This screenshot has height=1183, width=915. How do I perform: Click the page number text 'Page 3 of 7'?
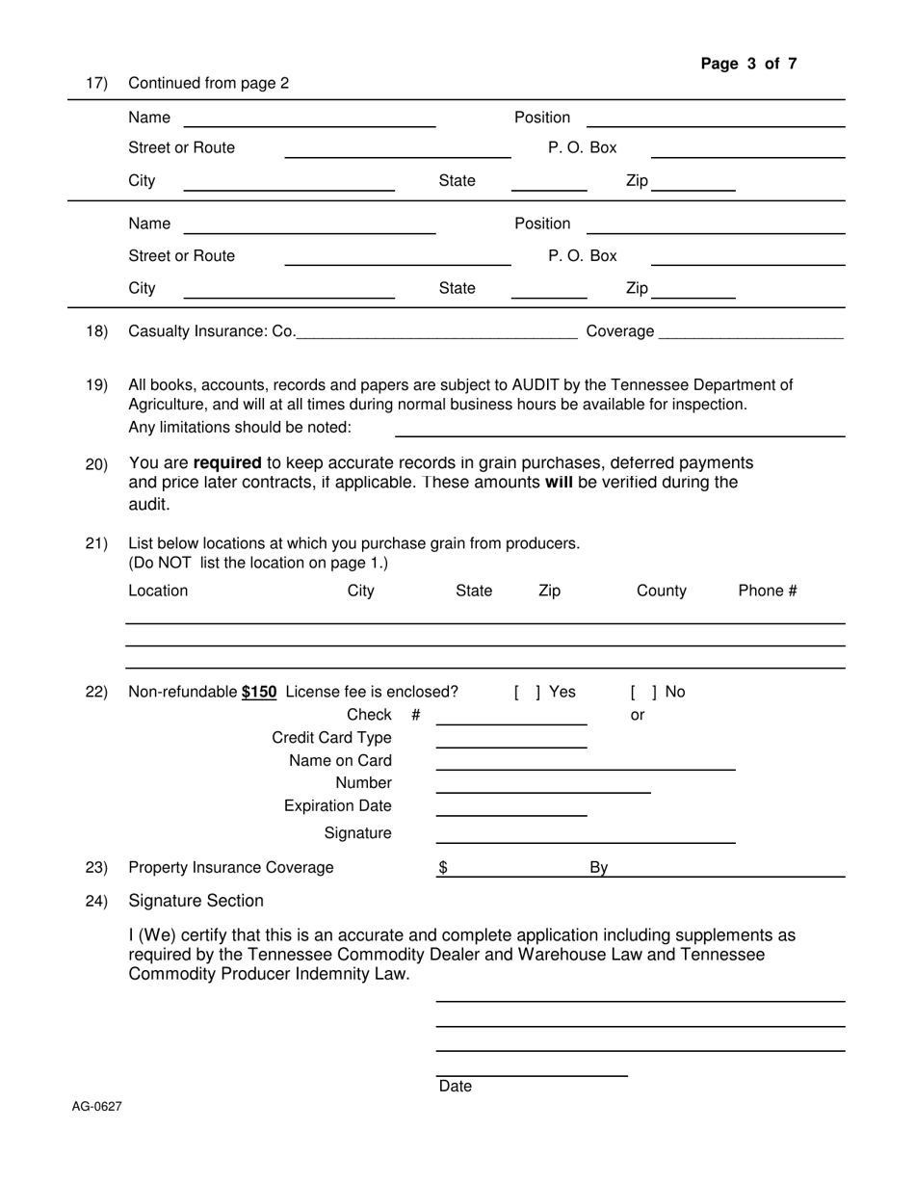tap(748, 65)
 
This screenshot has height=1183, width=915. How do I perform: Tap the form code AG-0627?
tap(96, 1107)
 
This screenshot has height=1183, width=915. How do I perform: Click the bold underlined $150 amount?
tap(259, 692)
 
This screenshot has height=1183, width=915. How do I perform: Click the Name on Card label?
tap(340, 761)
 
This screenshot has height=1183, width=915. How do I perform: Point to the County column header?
tap(662, 591)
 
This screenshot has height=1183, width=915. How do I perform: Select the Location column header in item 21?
tap(158, 591)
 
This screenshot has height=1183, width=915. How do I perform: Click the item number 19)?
tap(96, 385)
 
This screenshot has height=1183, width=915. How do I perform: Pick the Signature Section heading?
tap(196, 901)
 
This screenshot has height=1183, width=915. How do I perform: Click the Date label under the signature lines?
tap(456, 1087)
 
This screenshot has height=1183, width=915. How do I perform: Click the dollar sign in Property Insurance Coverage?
tap(443, 867)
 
